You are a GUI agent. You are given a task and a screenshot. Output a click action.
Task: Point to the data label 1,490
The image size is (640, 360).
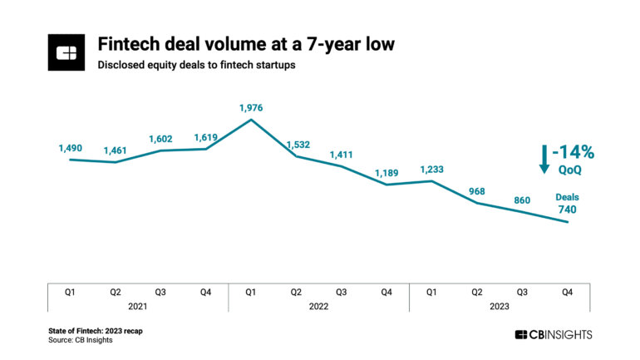(x=71, y=147)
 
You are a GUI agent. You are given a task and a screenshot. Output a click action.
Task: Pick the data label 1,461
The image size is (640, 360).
(x=116, y=150)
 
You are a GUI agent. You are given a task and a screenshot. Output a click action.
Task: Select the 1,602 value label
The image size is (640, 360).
(x=160, y=140)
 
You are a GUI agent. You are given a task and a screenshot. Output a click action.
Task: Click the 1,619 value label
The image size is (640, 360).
(x=206, y=138)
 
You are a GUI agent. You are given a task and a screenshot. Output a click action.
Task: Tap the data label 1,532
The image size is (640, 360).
(x=297, y=145)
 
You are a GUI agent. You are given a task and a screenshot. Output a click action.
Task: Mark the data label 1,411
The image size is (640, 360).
(x=342, y=155)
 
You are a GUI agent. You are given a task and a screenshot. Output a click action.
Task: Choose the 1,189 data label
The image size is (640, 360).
(x=386, y=173)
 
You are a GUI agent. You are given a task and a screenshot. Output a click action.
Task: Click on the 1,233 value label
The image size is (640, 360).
(x=432, y=169)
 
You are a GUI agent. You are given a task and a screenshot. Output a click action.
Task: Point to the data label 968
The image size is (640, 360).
(x=477, y=191)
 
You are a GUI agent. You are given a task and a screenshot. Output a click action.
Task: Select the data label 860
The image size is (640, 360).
(x=522, y=200)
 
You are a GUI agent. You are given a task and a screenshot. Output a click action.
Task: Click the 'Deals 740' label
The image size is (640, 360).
(x=567, y=203)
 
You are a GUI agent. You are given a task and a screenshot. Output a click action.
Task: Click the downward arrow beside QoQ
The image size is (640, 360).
(x=544, y=159)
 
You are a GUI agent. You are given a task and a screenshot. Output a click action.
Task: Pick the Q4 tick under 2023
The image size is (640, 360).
(x=567, y=292)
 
